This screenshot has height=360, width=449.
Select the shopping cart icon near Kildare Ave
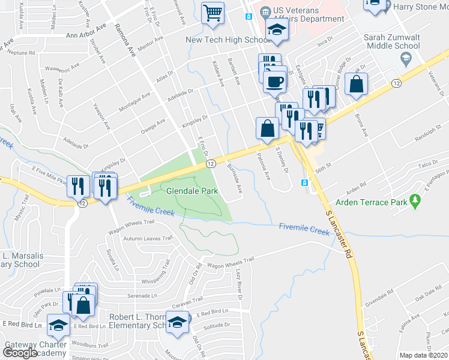pos(212,11)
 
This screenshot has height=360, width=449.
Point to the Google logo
pos(20,353)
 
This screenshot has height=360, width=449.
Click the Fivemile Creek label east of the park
pos(304,229)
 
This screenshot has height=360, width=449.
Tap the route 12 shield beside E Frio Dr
pos(210,163)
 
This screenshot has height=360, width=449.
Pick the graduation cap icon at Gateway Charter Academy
pos(58,325)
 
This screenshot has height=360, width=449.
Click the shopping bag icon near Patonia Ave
pos(267,128)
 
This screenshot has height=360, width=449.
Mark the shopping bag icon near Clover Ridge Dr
pos(356,85)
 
